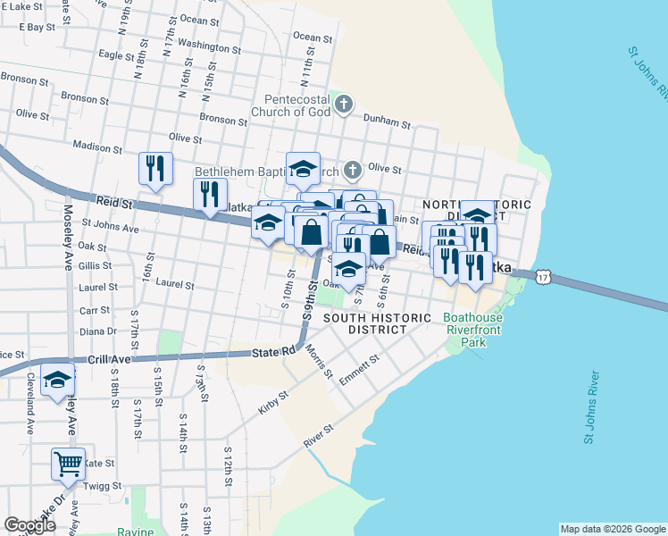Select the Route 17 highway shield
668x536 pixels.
pos(544,279)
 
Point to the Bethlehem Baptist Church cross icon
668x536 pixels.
pos(353,169)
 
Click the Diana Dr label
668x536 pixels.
pos(99,331)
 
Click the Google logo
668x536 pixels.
pos(29,525)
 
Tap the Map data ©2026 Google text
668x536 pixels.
pos(613,529)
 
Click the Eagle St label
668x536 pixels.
pos(116,54)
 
